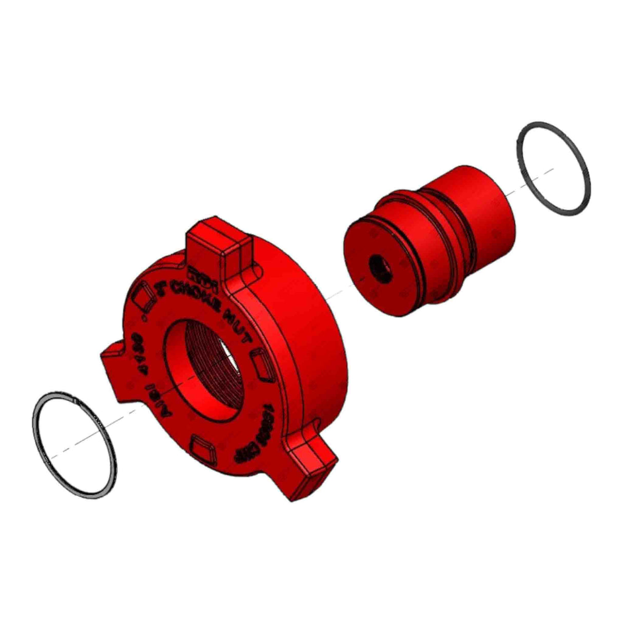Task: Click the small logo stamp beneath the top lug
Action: pos(197,274)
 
